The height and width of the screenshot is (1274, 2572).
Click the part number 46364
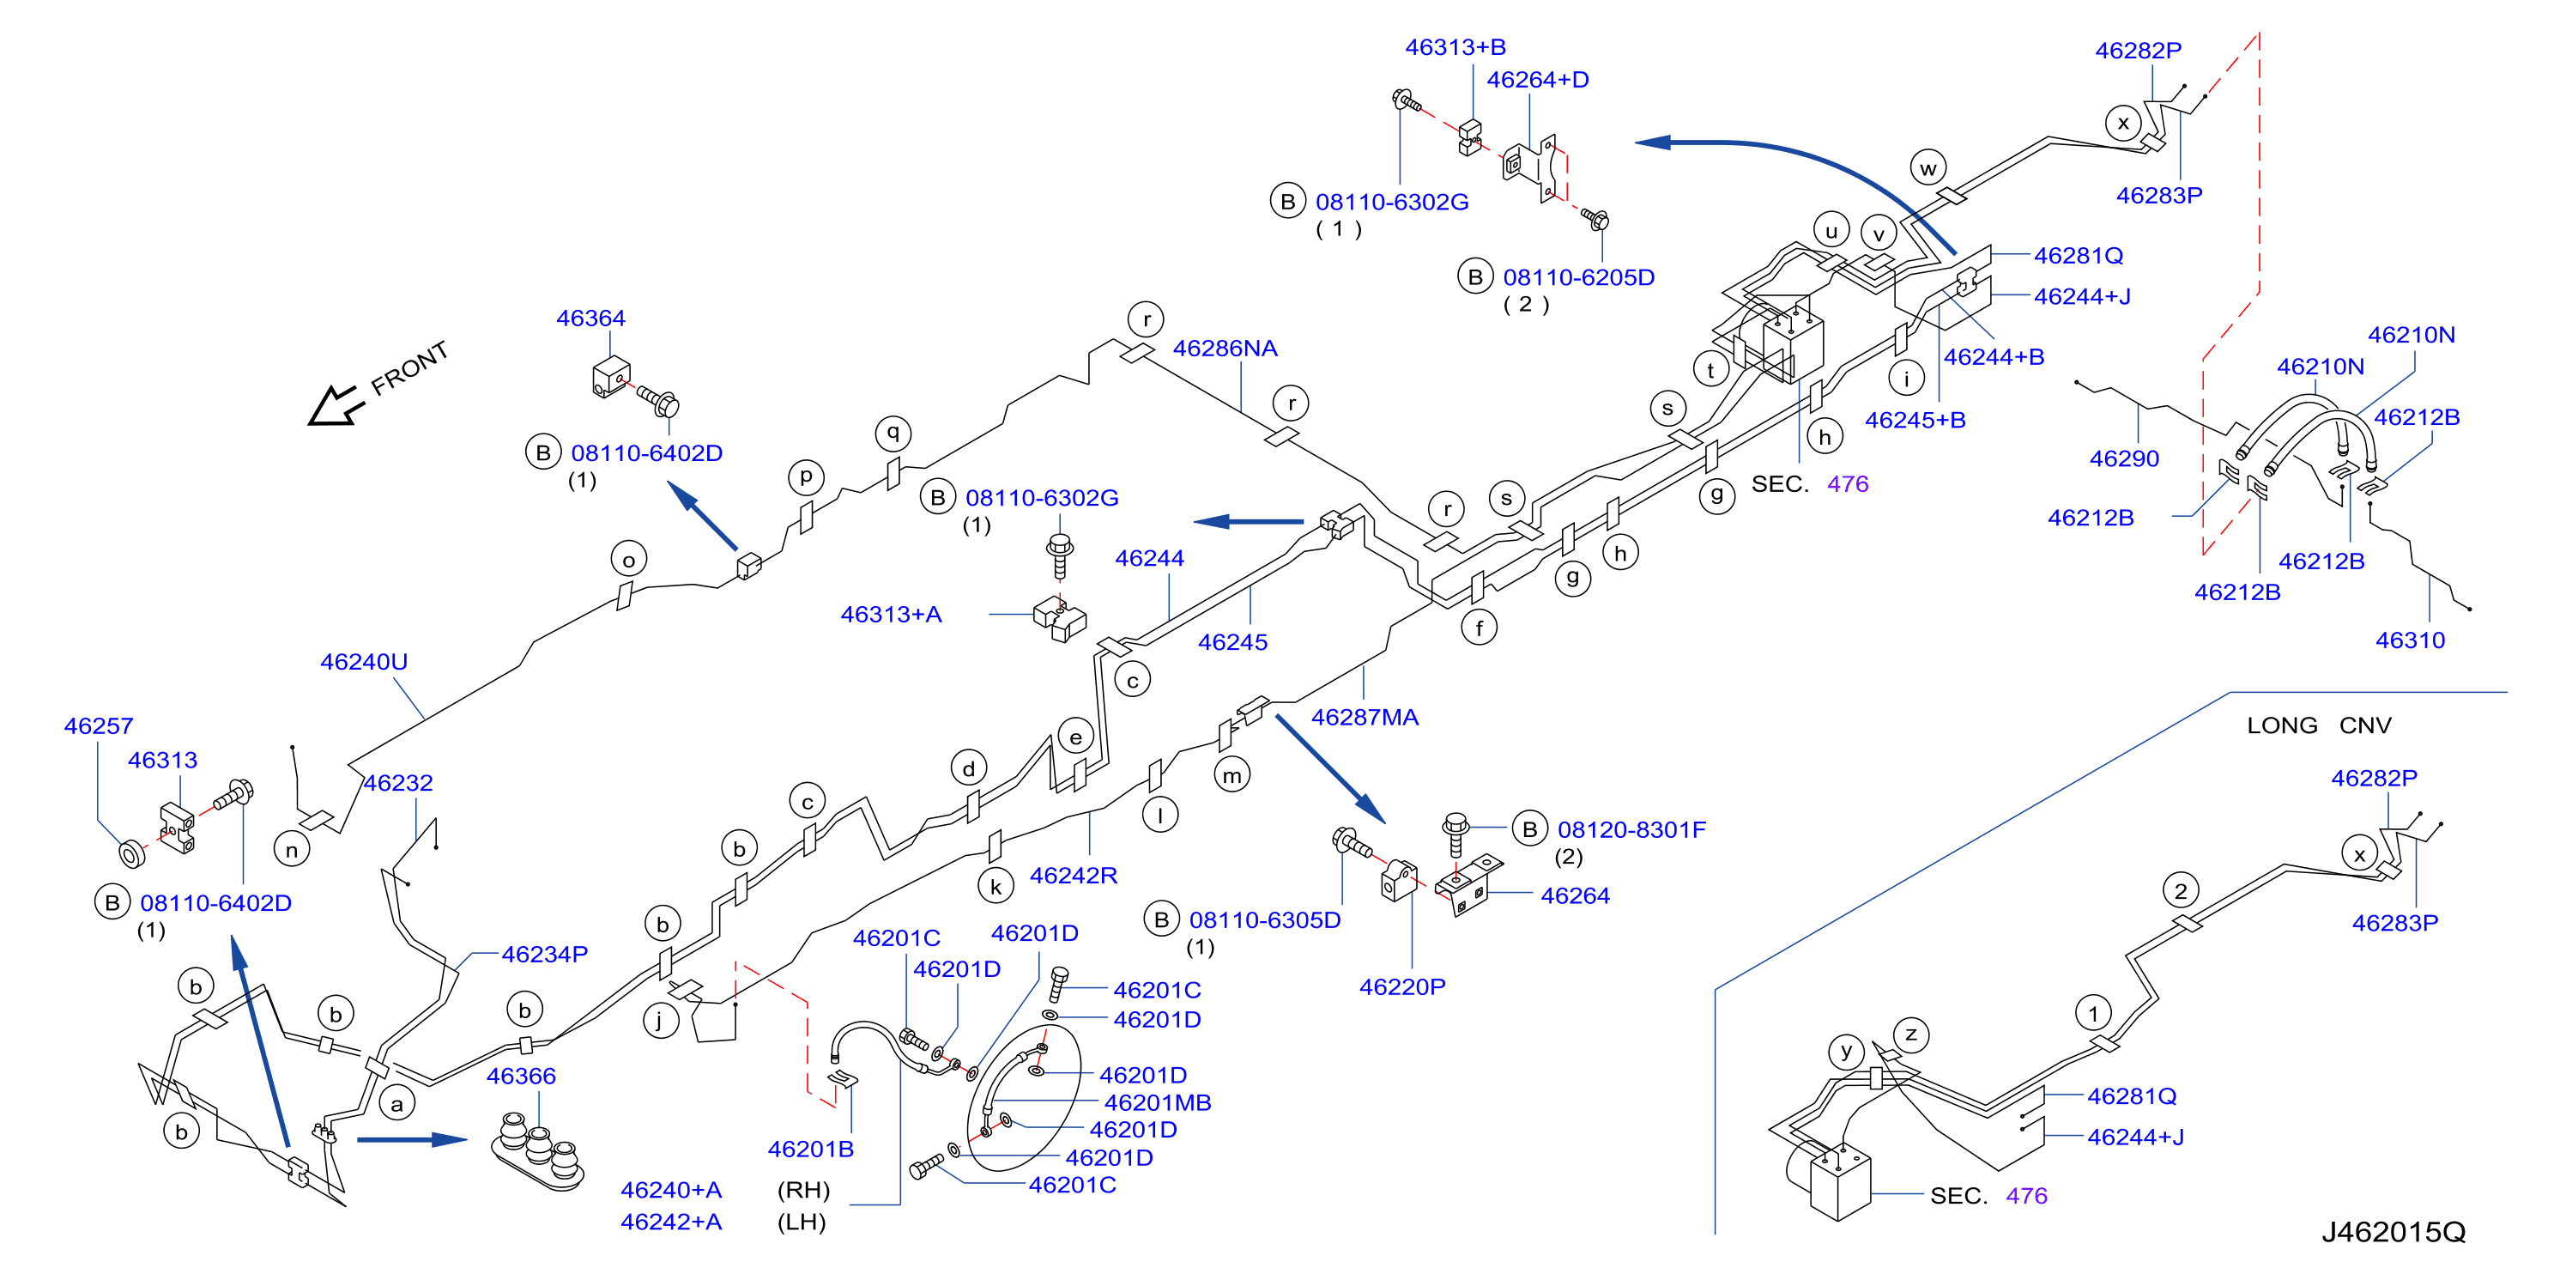(x=590, y=318)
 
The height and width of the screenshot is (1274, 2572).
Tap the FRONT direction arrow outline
(x=335, y=405)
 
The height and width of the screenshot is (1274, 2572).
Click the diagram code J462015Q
(x=2393, y=1232)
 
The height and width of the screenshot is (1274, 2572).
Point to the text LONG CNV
(x=2318, y=726)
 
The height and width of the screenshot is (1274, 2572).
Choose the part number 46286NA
(x=1225, y=349)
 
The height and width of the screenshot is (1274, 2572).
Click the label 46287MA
(x=1364, y=717)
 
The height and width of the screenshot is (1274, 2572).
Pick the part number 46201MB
(x=1157, y=1103)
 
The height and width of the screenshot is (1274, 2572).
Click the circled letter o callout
(x=628, y=560)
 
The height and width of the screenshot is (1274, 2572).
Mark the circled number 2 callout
(x=2181, y=890)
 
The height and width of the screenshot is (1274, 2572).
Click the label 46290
(x=2124, y=459)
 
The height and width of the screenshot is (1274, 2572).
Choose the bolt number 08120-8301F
(x=1631, y=829)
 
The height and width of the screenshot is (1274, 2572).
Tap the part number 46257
(x=98, y=726)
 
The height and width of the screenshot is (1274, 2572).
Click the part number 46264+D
(x=1538, y=80)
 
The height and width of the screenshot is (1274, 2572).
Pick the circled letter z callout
(x=1911, y=1034)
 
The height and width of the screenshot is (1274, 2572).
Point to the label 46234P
(x=544, y=955)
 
